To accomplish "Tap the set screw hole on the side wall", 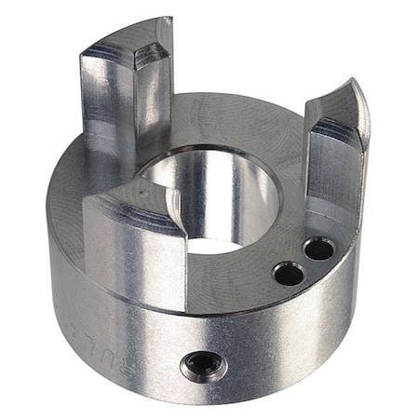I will pyautogui.click(x=203, y=365).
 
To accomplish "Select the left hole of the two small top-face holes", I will pyautogui.click(x=289, y=273).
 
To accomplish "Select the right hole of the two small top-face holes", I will pyautogui.click(x=318, y=249).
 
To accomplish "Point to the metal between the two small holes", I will pyautogui.click(x=304, y=262).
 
